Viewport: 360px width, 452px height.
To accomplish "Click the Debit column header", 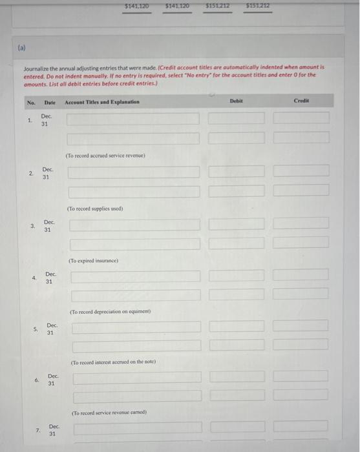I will [x=236, y=101].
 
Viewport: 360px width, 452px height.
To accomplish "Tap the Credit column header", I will [x=302, y=101].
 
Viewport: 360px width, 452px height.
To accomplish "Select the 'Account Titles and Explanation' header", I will [x=102, y=102].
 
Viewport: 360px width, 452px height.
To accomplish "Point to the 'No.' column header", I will [x=31, y=102].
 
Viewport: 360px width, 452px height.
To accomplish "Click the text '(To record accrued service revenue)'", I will [x=105, y=155].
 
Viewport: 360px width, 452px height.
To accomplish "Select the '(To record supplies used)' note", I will [x=94, y=209].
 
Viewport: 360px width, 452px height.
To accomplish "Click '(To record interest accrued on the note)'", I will [x=114, y=362].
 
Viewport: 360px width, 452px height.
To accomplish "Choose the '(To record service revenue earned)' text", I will [x=109, y=412].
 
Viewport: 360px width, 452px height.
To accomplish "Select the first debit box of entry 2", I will [x=237, y=170].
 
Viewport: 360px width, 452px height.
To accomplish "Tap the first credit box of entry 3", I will [x=301, y=223].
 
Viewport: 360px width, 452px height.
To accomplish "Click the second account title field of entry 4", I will [x=136, y=294].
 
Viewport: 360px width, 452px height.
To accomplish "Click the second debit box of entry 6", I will [x=237, y=395].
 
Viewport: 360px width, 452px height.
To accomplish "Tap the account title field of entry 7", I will [x=137, y=427].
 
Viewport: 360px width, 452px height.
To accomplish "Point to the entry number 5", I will [x=36, y=329].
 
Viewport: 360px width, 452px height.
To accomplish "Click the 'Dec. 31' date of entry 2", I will [x=47, y=173].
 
